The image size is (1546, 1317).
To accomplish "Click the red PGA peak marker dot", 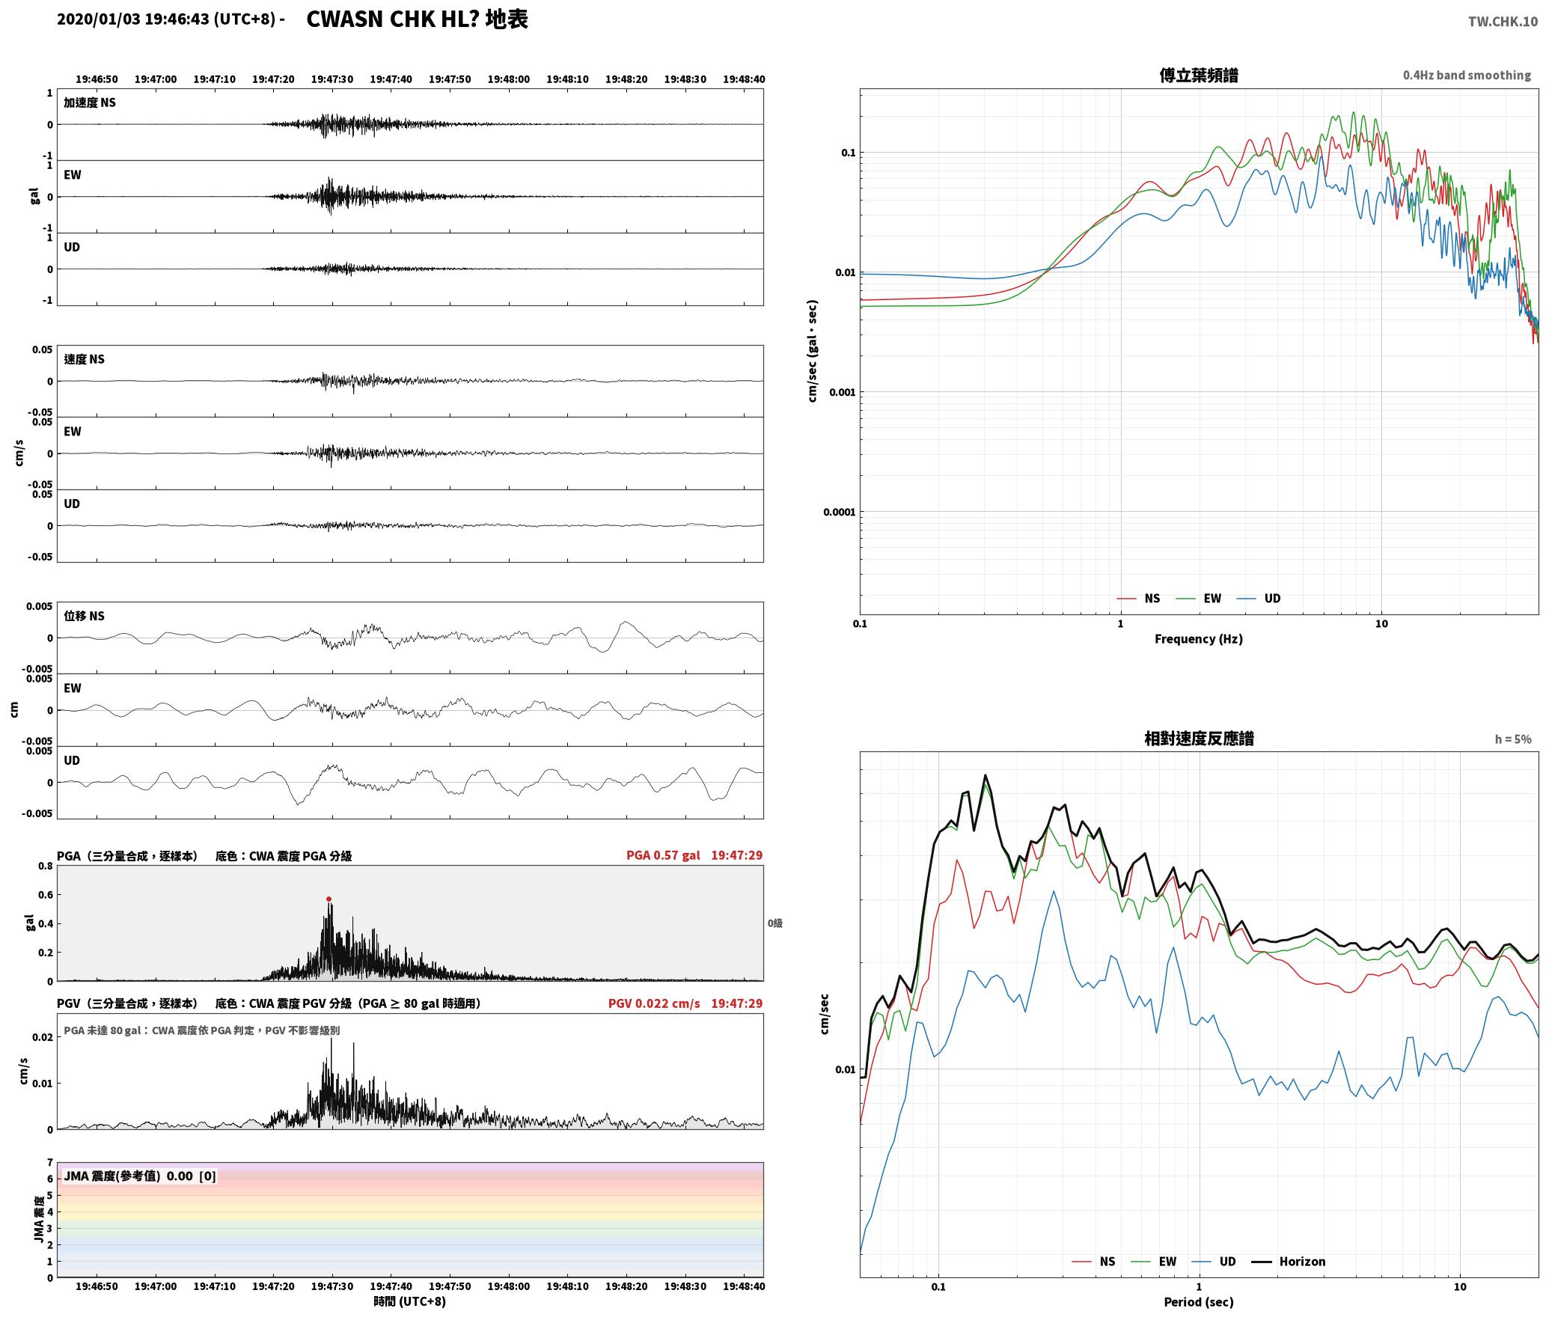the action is (x=329, y=899).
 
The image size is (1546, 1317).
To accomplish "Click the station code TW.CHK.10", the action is (x=1503, y=22).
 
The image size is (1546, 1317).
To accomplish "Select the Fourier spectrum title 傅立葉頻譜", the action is (x=1198, y=75).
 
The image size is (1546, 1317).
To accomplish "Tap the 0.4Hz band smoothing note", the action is (x=1467, y=75).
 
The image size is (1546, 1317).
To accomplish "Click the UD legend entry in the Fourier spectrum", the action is (x=1259, y=598).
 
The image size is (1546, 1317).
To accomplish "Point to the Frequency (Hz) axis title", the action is (x=1198, y=638).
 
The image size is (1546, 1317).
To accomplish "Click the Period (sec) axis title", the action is (x=1198, y=1301).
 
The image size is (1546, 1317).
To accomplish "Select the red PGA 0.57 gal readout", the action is (x=663, y=855).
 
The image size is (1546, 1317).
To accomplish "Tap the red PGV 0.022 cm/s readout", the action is (x=654, y=1003).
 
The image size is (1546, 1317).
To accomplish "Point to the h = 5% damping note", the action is (x=1513, y=739).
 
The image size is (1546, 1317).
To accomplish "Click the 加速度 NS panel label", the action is (x=90, y=103).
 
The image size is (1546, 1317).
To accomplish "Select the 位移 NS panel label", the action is (x=84, y=616).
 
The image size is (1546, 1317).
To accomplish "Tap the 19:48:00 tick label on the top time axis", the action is (x=508, y=79).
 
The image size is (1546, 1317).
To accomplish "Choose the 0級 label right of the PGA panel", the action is (x=774, y=923).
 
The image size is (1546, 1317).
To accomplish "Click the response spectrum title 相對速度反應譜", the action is (x=1198, y=739).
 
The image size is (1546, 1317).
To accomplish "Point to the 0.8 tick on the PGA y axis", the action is (x=45, y=866).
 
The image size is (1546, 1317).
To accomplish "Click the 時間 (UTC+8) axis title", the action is (x=409, y=1301).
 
